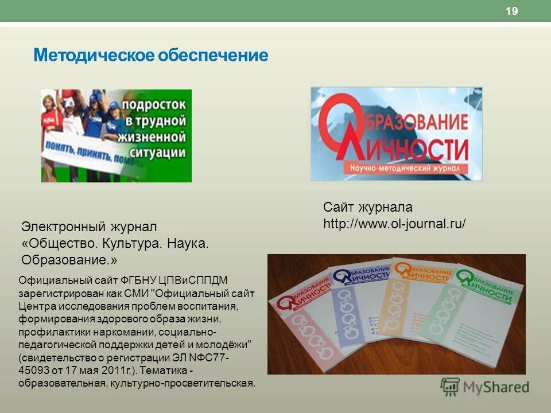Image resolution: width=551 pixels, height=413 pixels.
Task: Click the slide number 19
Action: tap(512, 11)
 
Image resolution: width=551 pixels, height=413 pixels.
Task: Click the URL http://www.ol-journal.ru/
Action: tap(394, 224)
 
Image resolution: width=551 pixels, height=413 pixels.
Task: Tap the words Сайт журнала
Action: tap(367, 207)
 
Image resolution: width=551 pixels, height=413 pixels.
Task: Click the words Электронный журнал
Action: tap(89, 227)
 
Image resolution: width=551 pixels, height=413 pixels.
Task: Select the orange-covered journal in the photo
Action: tap(413, 310)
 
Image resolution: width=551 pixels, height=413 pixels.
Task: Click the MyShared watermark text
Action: tap(496, 387)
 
